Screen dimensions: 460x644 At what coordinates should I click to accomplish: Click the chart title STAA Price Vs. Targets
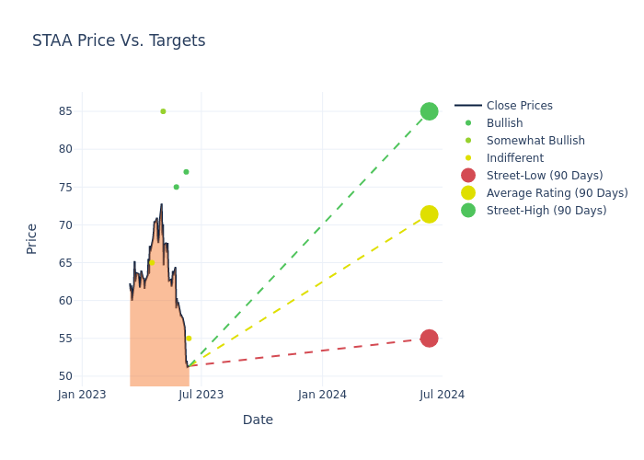click(119, 41)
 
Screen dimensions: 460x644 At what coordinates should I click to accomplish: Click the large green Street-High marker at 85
click(429, 111)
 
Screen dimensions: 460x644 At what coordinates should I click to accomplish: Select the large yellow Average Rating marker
click(429, 214)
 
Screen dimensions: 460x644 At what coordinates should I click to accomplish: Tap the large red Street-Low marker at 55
click(429, 339)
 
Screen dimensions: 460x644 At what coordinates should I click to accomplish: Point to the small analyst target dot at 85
click(163, 111)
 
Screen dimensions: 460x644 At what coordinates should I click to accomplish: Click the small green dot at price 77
click(186, 172)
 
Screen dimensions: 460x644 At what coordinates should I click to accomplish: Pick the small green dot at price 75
click(177, 187)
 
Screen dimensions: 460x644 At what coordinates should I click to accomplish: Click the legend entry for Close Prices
click(519, 106)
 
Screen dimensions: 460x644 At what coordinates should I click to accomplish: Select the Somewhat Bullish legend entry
click(535, 141)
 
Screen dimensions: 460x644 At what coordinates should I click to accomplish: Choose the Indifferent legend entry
click(514, 158)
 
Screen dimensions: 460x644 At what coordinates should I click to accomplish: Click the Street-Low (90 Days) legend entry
click(545, 176)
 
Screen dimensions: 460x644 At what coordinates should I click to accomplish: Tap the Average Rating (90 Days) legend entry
click(557, 193)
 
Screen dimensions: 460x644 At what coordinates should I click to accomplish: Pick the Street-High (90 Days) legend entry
click(546, 211)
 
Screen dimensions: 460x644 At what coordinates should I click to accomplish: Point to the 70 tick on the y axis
click(65, 224)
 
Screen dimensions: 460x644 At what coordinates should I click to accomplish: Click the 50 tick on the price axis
click(65, 376)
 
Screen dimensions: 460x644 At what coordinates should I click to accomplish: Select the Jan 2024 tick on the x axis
click(323, 395)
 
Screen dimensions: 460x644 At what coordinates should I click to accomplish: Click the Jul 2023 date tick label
click(201, 395)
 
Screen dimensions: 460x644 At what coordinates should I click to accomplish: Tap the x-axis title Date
click(258, 420)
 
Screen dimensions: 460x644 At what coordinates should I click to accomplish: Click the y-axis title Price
click(32, 238)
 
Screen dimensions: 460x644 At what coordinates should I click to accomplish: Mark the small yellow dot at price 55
click(189, 339)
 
